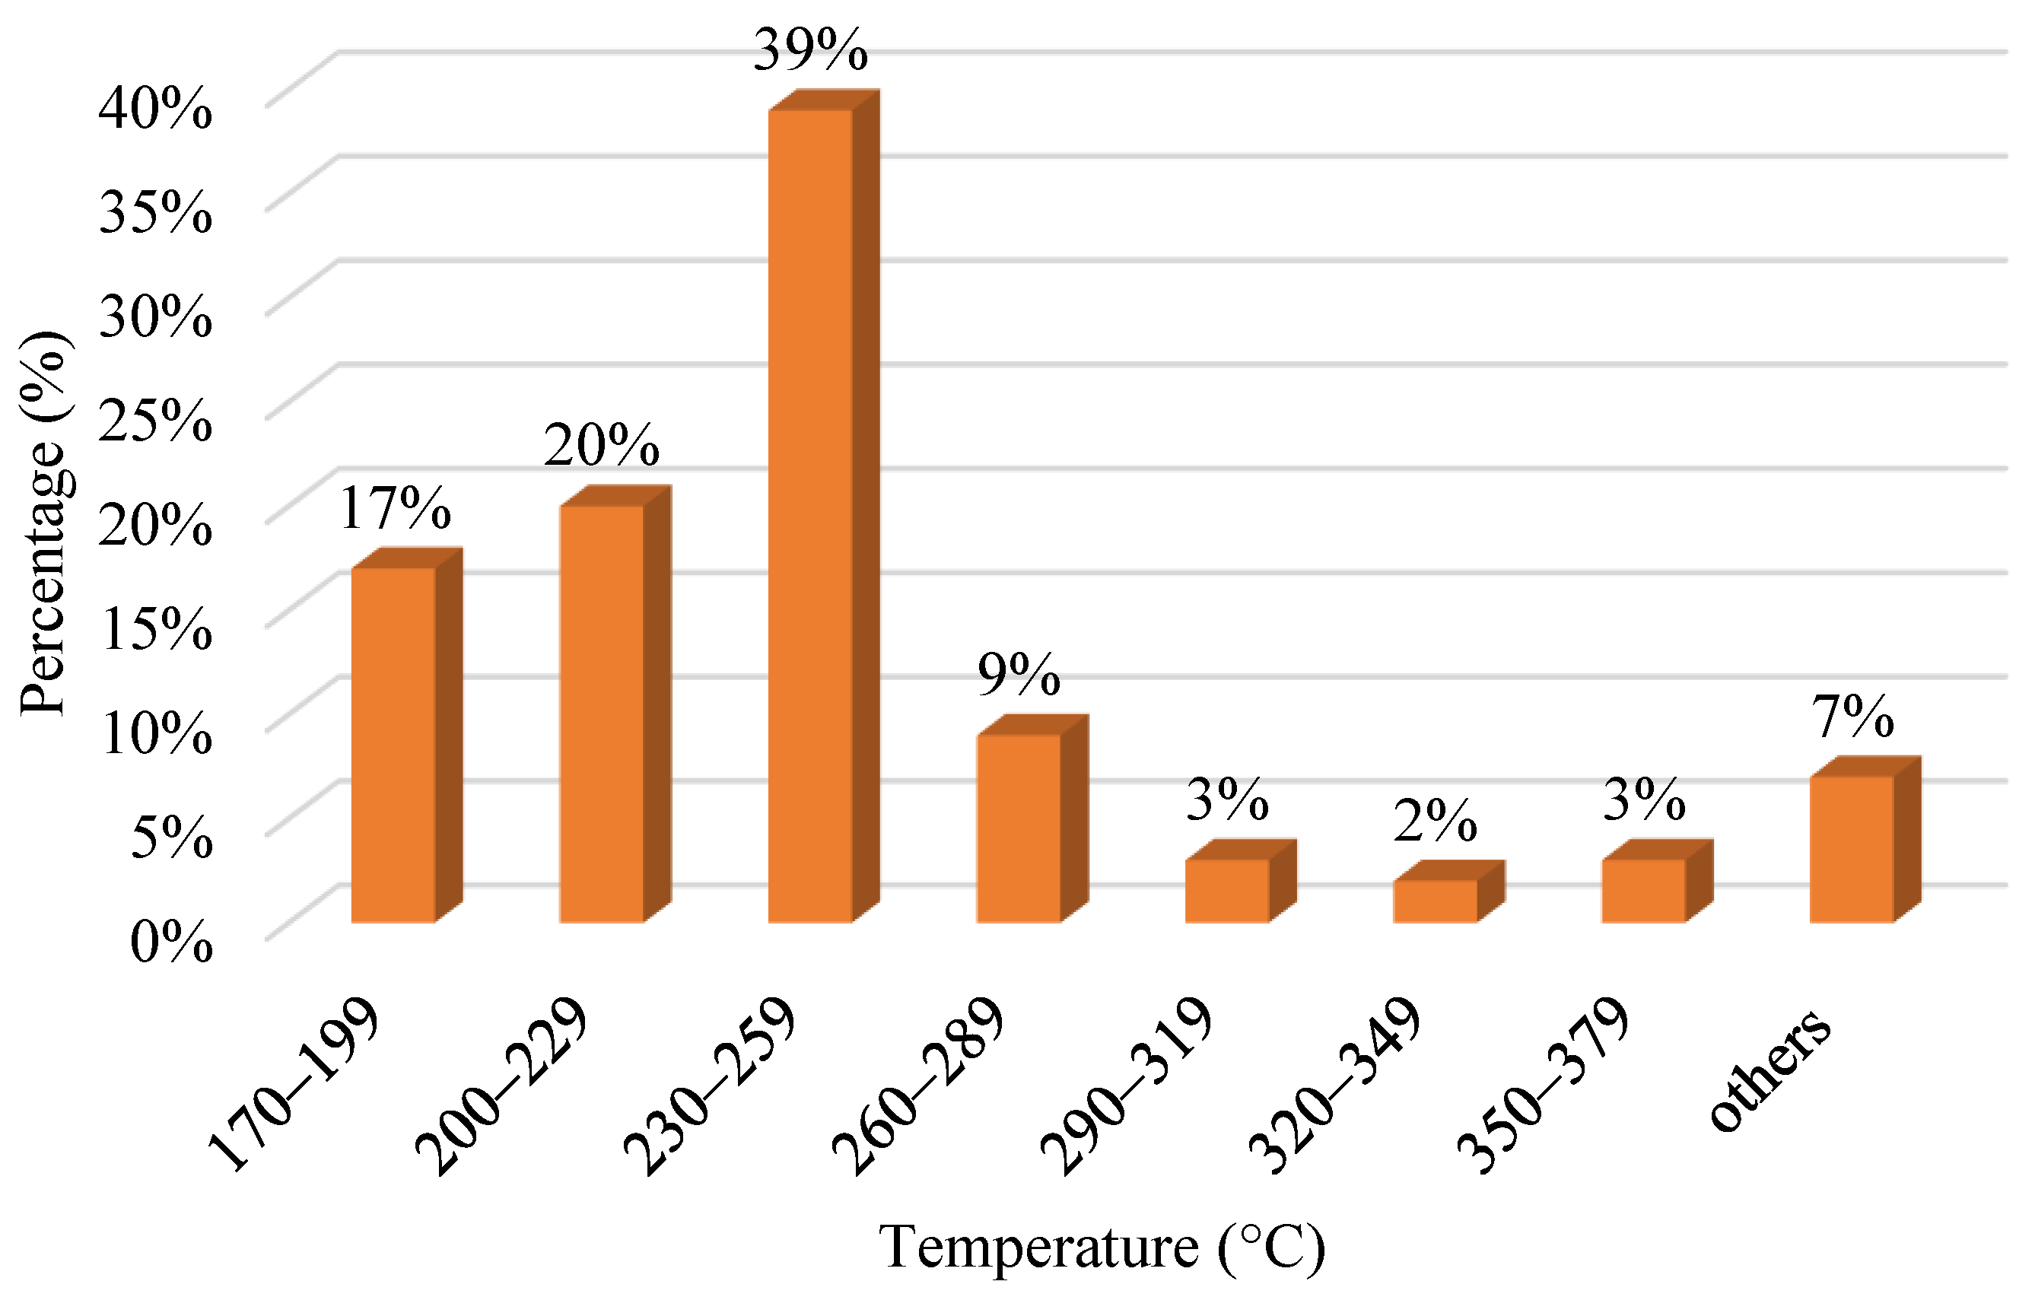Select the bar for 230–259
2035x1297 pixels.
coord(810,516)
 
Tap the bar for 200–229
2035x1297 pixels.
coord(602,714)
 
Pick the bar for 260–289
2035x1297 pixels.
coord(1019,828)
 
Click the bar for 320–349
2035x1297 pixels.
coord(1436,901)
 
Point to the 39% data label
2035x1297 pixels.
coord(810,51)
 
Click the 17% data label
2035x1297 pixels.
coord(396,509)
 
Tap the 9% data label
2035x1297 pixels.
coord(1019,675)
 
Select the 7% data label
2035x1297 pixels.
coord(1852,717)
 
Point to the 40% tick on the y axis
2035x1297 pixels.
coord(155,109)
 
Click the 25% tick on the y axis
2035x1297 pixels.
coord(155,420)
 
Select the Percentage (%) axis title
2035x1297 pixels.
coord(44,524)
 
